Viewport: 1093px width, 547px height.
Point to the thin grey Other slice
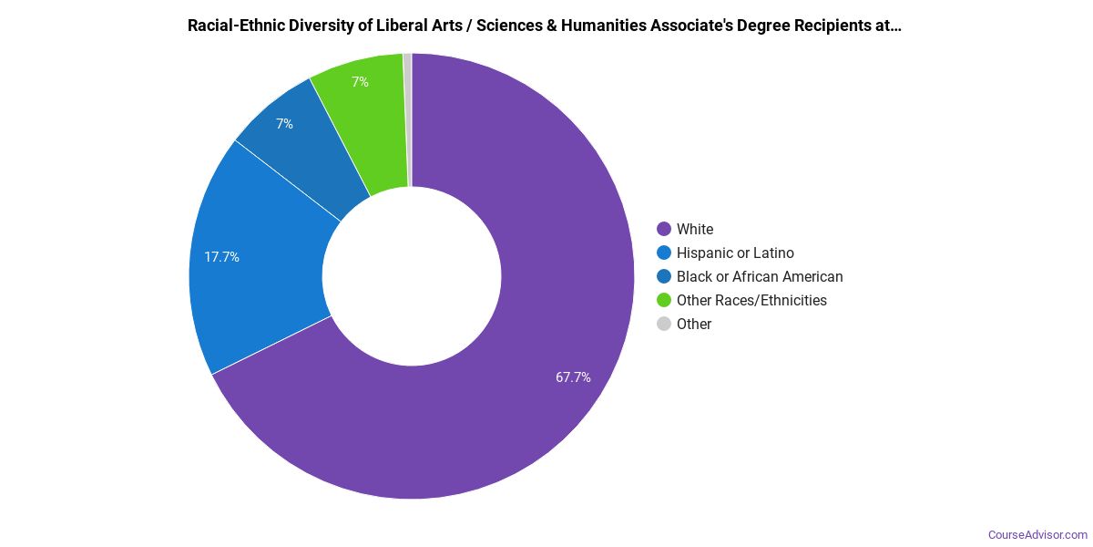(x=408, y=119)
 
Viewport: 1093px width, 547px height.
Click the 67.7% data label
(x=573, y=377)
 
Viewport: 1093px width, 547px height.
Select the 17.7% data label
(x=221, y=257)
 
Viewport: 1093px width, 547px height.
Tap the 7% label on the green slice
(x=360, y=82)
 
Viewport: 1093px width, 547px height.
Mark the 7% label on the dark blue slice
(x=285, y=124)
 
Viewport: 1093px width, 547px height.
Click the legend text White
(x=695, y=229)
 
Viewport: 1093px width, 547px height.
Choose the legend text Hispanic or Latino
(x=735, y=253)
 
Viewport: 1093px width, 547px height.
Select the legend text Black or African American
(x=760, y=276)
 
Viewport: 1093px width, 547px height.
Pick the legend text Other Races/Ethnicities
(x=751, y=300)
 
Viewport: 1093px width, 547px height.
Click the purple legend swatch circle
(x=664, y=229)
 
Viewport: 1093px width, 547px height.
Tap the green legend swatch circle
(x=664, y=300)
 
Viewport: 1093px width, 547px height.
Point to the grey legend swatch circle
(x=664, y=324)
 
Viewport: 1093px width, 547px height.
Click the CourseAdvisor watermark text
(x=1037, y=534)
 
